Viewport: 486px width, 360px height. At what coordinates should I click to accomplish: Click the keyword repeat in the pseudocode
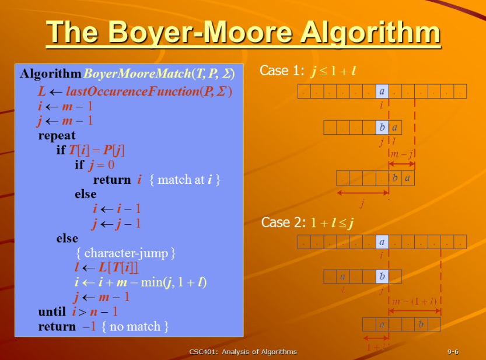(57, 135)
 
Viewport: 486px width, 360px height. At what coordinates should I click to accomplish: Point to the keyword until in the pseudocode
(53, 312)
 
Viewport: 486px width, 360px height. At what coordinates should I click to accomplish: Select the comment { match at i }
(185, 180)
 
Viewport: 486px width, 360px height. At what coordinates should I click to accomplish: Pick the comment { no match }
(135, 326)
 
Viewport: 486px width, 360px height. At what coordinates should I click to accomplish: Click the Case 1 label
(282, 71)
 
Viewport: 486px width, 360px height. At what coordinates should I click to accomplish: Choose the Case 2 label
(284, 222)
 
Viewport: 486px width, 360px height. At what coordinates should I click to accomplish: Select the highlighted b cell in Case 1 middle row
(382, 128)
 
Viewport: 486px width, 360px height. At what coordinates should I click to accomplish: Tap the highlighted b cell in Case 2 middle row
(382, 276)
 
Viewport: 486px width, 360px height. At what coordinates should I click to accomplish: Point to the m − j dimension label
(402, 154)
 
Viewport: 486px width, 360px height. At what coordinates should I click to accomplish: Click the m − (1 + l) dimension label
(414, 301)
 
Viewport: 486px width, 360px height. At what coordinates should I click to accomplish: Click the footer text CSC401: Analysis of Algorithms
(243, 351)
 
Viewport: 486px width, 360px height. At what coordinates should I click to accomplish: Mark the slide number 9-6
(452, 351)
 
